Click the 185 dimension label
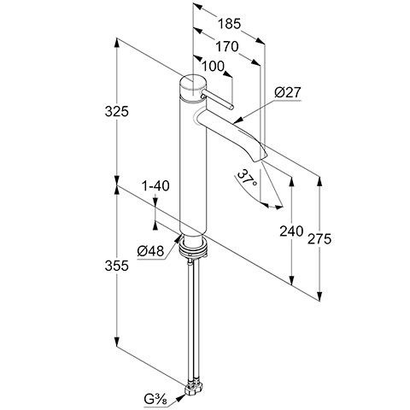[x=230, y=24]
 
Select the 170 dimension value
[x=226, y=46]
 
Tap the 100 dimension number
[x=214, y=67]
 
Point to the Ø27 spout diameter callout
[x=288, y=92]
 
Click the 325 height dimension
[x=117, y=111]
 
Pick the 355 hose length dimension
[x=117, y=266]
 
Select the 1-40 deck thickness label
[x=155, y=186]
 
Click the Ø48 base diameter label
[x=150, y=251]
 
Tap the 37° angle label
[x=247, y=178]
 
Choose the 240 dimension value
[x=291, y=231]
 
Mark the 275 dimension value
[x=319, y=239]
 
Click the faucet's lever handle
[x=218, y=100]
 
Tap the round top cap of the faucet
[x=193, y=87]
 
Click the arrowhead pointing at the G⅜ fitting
[x=180, y=397]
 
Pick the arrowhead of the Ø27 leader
[x=237, y=120]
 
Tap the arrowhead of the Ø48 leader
[x=178, y=238]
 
